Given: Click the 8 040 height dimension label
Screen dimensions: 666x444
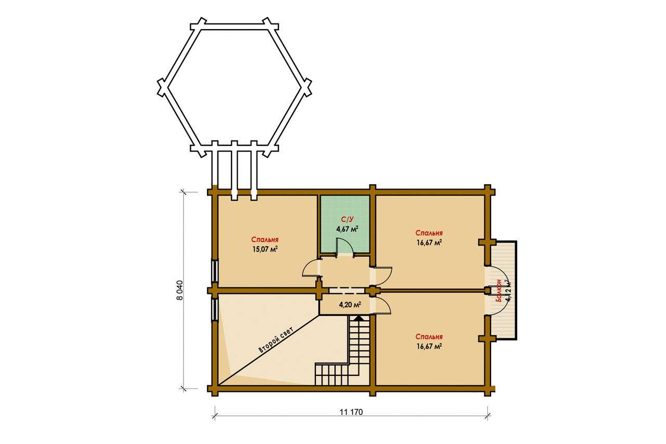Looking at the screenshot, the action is click(180, 290).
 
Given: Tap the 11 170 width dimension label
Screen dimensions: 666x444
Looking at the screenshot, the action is click(351, 412).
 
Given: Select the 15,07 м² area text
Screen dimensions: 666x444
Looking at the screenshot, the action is click(265, 249).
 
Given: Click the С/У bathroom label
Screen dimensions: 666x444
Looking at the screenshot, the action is click(347, 220).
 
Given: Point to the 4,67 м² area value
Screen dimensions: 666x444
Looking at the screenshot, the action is click(347, 229).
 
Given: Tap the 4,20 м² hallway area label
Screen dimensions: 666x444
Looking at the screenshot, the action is click(350, 305).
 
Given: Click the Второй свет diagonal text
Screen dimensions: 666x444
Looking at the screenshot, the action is click(276, 340).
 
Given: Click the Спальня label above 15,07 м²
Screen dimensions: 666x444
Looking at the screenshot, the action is click(265, 239).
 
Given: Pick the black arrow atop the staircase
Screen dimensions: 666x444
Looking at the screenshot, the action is click(360, 318).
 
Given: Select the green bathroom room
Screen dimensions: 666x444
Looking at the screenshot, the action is click(345, 224).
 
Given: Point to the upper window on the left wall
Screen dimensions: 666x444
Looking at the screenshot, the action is click(214, 271).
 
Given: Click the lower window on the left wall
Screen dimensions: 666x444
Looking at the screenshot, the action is click(214, 310).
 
